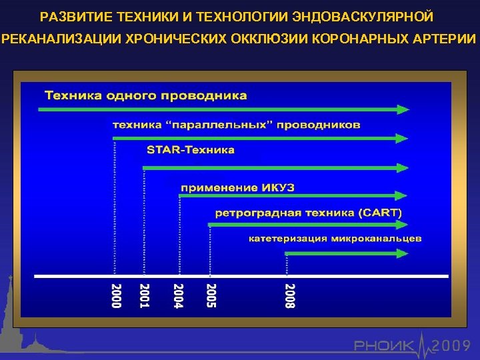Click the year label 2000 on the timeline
click(x=116, y=296)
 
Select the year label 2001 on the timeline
click(x=145, y=296)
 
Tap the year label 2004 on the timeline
click(x=178, y=296)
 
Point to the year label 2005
click(x=211, y=296)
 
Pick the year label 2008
click(x=289, y=296)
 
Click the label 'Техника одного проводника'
click(x=145, y=95)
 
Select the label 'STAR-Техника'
click(x=191, y=150)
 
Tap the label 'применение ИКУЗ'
click(x=237, y=188)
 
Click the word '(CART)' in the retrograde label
click(x=380, y=213)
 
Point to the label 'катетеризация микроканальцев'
click(x=335, y=239)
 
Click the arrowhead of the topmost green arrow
click(x=401, y=108)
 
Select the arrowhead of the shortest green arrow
click(x=401, y=253)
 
